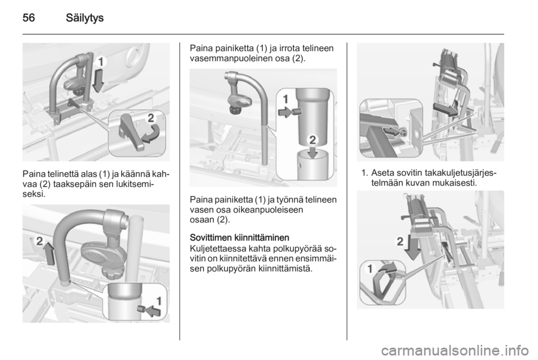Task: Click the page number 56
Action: coord(29,17)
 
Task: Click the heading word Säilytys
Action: coord(85,18)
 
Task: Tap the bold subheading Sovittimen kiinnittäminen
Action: coord(239,238)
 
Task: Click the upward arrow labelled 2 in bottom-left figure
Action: coord(49,253)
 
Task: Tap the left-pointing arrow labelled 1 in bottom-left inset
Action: coord(152,311)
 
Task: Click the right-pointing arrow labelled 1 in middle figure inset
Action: coord(286,112)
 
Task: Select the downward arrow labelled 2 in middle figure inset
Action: coord(312,151)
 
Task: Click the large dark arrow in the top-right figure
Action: coord(446,109)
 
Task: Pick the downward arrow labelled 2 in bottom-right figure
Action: coord(412,248)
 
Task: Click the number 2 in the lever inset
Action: coord(151,118)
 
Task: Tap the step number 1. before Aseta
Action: coord(365,172)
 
